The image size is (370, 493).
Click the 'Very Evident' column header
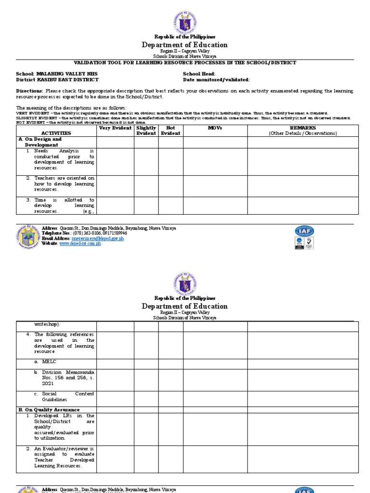coord(115,128)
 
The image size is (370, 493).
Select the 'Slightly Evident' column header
coord(146,130)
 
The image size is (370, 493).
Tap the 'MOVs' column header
coord(215,128)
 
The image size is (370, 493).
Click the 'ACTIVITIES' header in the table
coord(56,133)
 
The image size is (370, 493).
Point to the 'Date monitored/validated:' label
coord(216,79)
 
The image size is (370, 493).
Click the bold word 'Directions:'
coord(30,91)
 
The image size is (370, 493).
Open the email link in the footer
coord(98,238)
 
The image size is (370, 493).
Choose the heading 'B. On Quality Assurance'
coord(49,410)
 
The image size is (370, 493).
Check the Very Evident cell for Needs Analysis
coord(115,161)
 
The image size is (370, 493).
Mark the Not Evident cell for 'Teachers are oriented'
coord(171,185)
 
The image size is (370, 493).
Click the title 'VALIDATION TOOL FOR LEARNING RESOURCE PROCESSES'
coord(185,63)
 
